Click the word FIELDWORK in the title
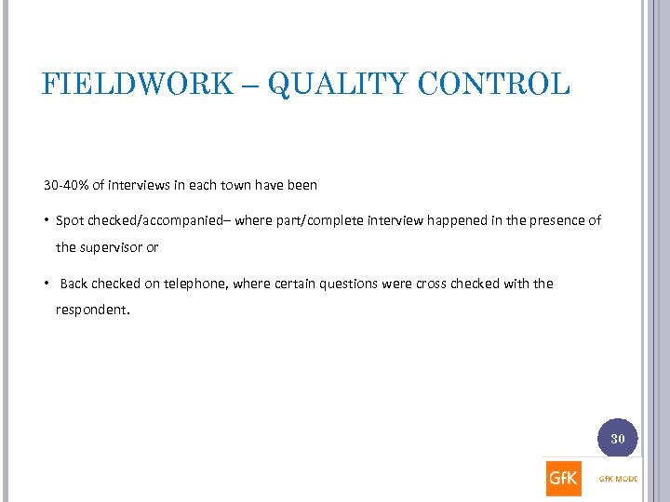point(138,85)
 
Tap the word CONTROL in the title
point(493,85)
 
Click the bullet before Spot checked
point(47,221)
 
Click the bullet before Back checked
point(47,284)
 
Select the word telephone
point(194,284)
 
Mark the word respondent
point(92,310)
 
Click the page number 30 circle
point(617,438)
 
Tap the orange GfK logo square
point(564,479)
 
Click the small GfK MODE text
point(617,481)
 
